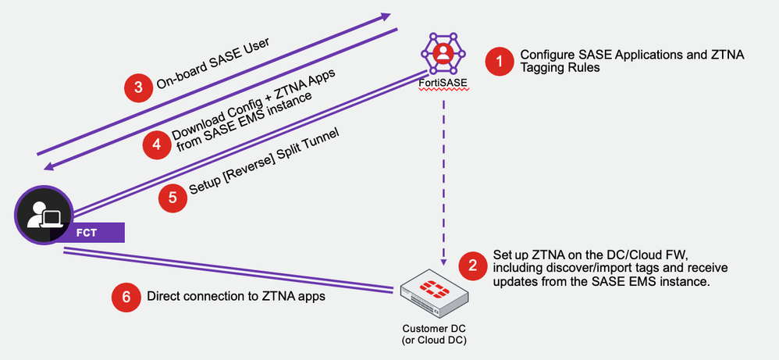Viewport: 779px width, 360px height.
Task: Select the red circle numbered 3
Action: point(139,87)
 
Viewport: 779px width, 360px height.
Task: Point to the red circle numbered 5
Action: point(173,198)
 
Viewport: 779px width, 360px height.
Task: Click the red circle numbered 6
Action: point(126,297)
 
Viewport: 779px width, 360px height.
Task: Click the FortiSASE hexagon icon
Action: point(442,52)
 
